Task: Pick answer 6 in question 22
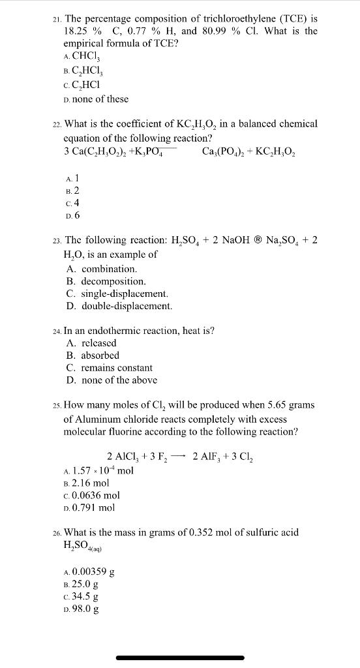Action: [x=76, y=215]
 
